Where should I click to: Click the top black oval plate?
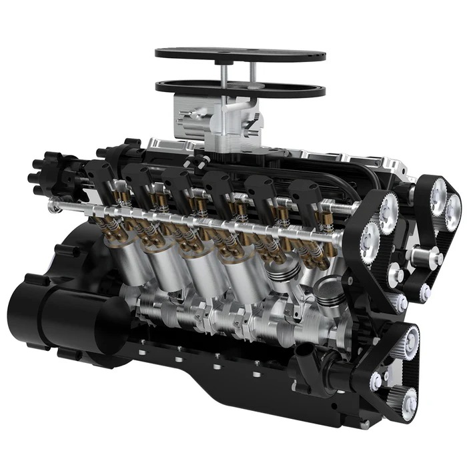240,53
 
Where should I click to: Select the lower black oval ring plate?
180,86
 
